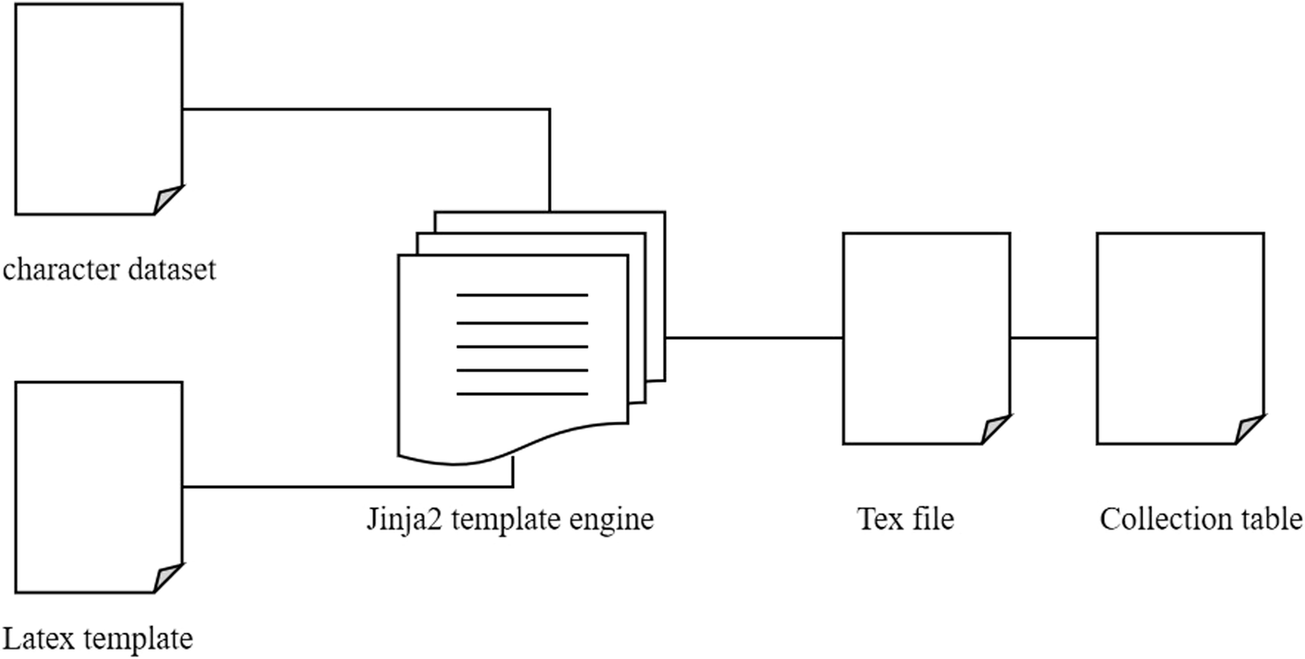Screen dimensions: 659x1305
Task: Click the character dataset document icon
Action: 98,109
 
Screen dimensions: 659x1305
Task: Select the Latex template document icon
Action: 98,487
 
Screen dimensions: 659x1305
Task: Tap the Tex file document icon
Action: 927,338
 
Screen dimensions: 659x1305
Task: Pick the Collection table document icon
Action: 1180,338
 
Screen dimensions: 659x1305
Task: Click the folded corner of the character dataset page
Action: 167,200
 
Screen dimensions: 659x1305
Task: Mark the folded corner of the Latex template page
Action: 167,578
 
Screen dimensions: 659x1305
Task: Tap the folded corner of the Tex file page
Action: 995,429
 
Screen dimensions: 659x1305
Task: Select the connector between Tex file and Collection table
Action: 1054,337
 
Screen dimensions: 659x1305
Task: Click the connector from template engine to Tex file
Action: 754,337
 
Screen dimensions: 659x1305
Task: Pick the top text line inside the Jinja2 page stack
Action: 522,296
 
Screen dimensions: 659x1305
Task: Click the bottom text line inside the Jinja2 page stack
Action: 522,394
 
